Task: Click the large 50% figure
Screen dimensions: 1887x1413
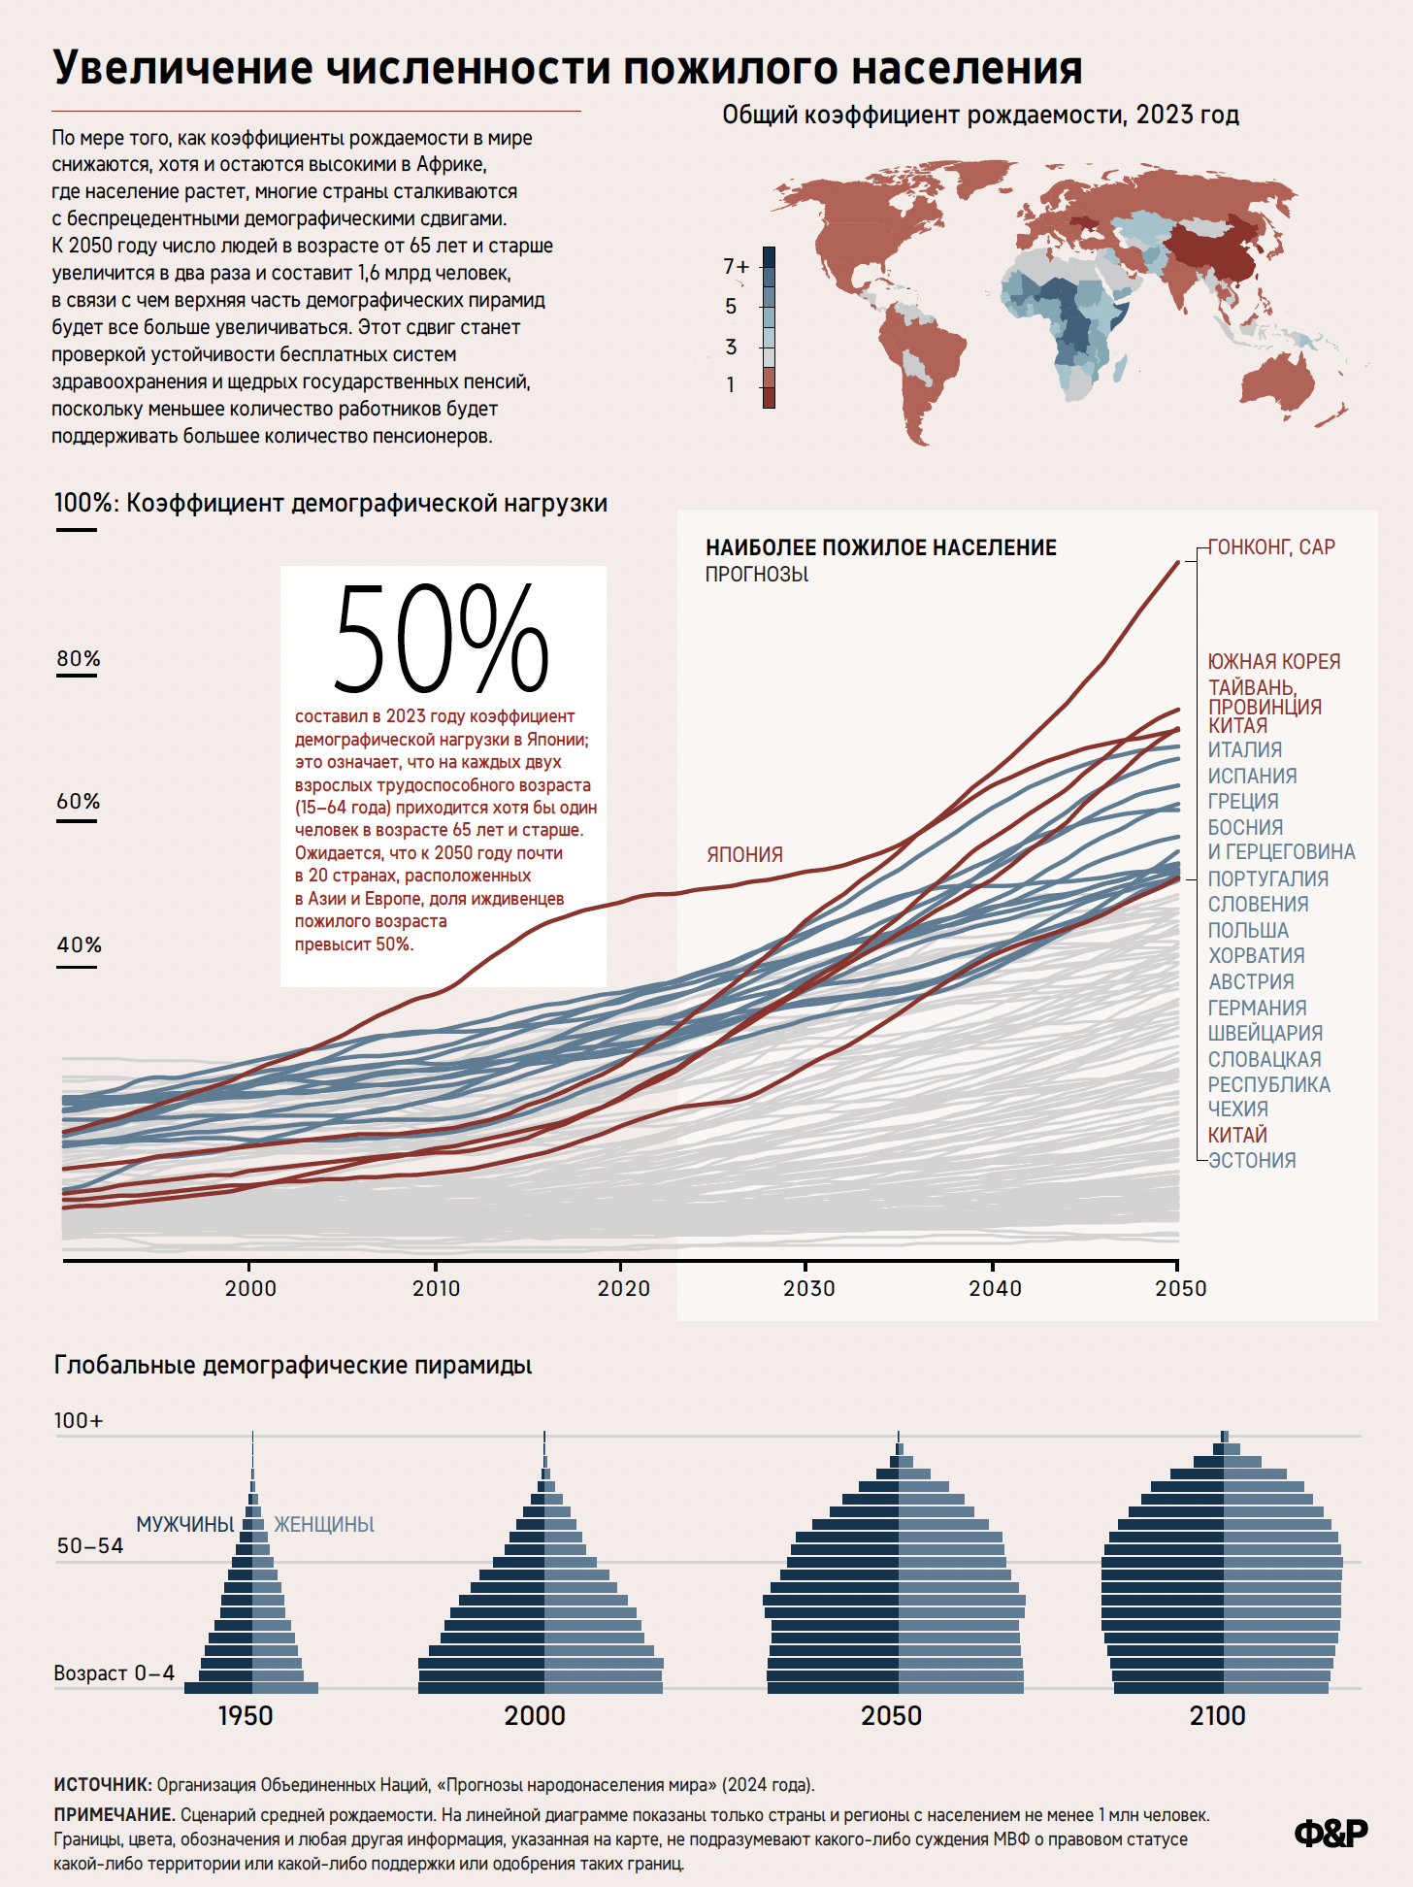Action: point(442,639)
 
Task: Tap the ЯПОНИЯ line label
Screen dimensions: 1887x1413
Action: point(744,855)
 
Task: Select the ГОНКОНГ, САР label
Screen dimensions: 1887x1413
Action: point(1271,547)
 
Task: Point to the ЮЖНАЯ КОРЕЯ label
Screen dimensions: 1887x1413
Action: point(1273,662)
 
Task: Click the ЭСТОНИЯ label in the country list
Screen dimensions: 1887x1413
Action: point(1252,1161)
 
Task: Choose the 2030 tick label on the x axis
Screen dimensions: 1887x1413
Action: point(808,1289)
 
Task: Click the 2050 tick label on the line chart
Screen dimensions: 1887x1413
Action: point(1180,1289)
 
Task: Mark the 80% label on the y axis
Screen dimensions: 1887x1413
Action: point(79,659)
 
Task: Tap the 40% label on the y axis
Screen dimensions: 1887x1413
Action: point(79,945)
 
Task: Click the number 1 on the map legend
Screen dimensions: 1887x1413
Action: point(731,385)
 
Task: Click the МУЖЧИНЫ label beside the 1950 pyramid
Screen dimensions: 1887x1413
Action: point(184,1525)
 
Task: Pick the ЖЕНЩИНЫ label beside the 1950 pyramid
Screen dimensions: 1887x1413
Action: point(324,1525)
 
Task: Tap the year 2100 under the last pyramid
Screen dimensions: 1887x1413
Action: point(1217,1716)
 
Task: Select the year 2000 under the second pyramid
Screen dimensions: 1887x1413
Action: point(535,1716)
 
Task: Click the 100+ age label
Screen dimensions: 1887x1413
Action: point(78,1421)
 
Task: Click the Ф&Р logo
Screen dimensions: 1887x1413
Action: point(1331,1833)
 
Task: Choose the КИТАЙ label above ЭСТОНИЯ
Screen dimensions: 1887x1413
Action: point(1237,1136)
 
